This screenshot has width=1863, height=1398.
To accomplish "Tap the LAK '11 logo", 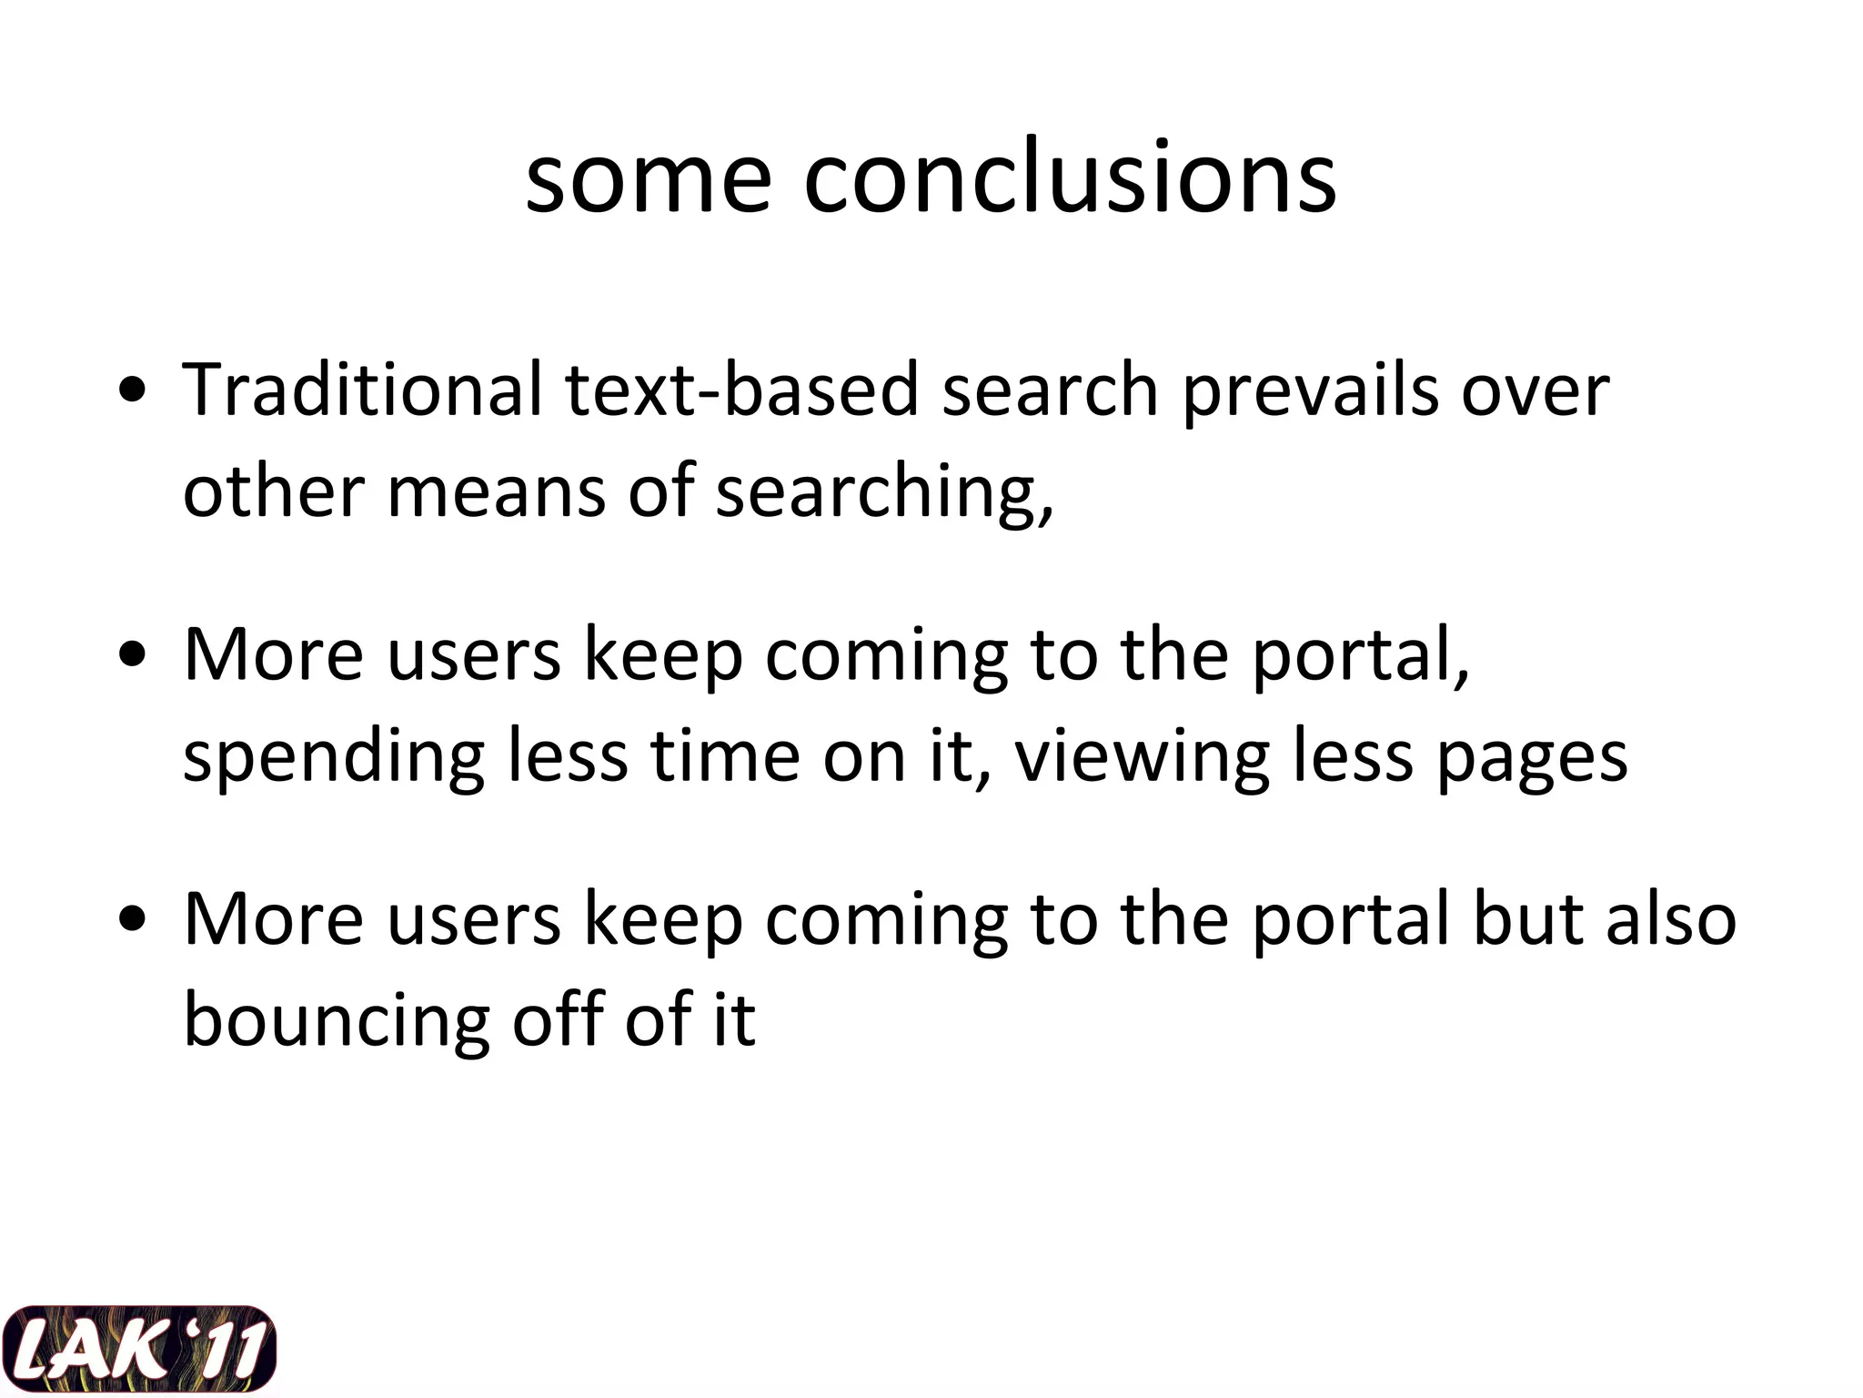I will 138,1349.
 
